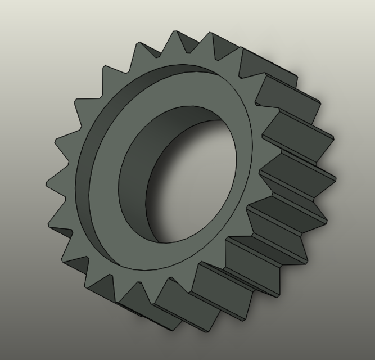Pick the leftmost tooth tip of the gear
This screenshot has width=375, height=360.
(47, 181)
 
